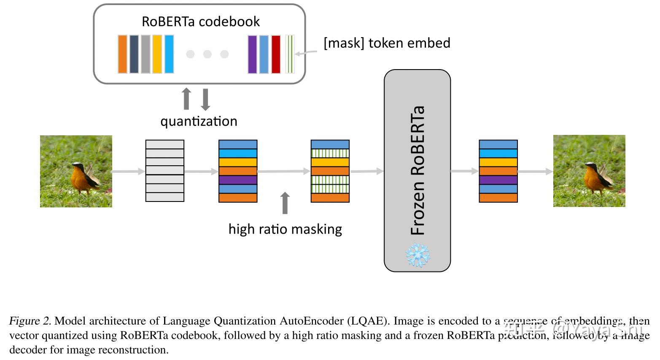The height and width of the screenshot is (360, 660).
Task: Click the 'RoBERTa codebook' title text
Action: [200, 21]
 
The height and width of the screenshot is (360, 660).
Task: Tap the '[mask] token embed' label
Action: [387, 43]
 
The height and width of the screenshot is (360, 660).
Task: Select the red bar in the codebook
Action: [276, 54]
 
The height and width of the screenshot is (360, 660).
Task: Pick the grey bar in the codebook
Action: [145, 54]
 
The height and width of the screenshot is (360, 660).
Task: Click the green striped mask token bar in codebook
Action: [290, 54]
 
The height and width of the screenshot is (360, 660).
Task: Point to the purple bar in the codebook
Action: [252, 54]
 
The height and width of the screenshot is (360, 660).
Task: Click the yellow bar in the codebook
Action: [157, 54]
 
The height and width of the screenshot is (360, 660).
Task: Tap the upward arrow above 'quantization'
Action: [186, 99]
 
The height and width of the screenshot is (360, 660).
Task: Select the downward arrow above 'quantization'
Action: [205, 99]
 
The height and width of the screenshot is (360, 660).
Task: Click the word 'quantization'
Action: [199, 121]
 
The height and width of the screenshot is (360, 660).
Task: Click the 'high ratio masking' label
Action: [285, 229]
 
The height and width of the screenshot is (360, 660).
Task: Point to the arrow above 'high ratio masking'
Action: [285, 203]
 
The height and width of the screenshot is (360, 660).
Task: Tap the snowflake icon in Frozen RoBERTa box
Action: [418, 255]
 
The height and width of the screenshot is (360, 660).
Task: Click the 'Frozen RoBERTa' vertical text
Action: [418, 170]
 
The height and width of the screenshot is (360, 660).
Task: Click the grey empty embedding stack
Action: [164, 171]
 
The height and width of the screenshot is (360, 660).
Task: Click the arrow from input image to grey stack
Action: [128, 171]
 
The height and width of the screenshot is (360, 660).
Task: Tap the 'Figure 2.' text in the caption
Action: [30, 321]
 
